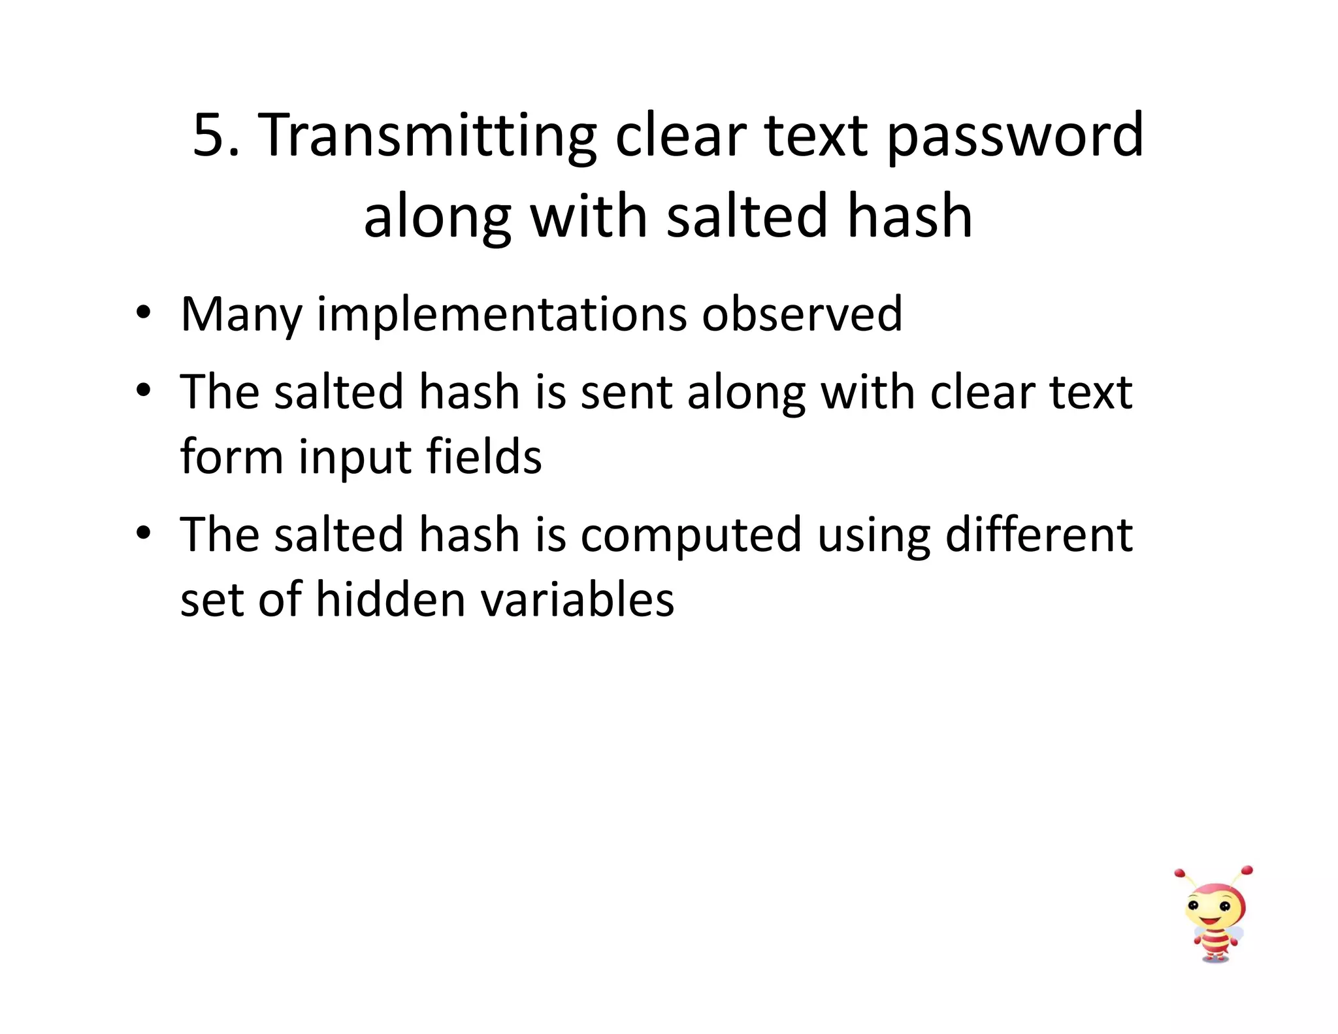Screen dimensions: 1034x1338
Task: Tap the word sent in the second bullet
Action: (627, 392)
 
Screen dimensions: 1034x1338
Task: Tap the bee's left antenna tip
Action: (1179, 873)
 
